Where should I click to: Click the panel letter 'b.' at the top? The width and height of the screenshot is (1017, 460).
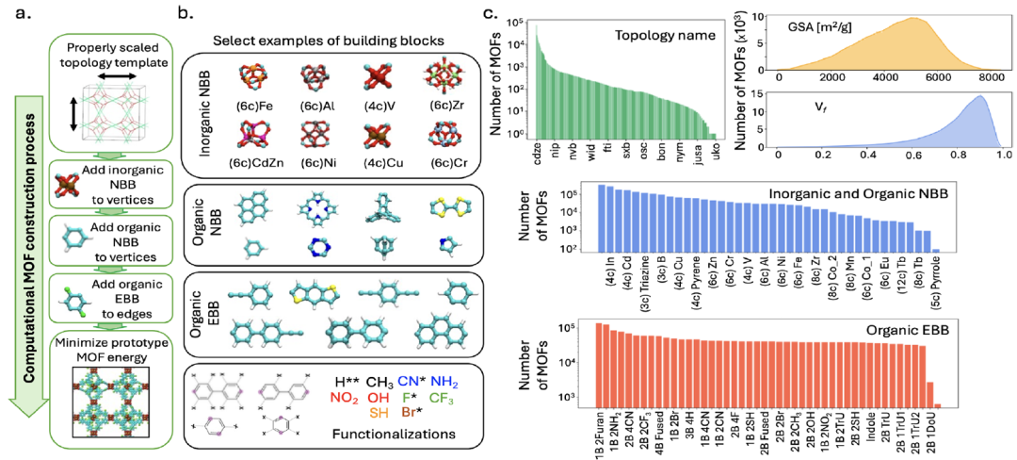tap(185, 13)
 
